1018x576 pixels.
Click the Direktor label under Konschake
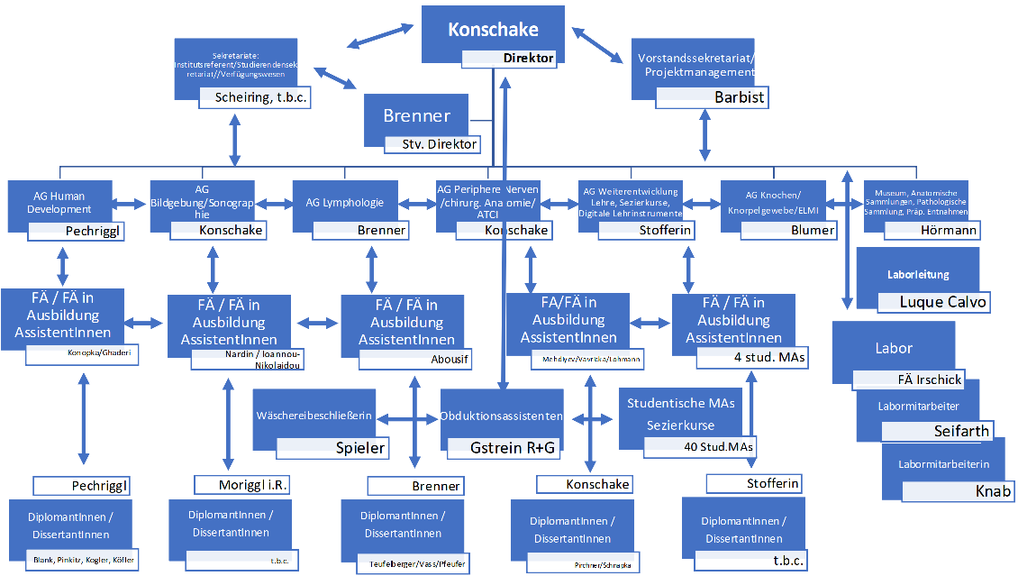[x=529, y=59]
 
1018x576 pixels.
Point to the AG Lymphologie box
[x=345, y=203]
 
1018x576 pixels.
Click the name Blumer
[x=812, y=231]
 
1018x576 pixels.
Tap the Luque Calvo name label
[x=942, y=302]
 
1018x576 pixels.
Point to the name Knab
[x=993, y=491]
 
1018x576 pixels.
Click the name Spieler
[x=360, y=448]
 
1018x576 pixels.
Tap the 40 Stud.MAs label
[x=718, y=446]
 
